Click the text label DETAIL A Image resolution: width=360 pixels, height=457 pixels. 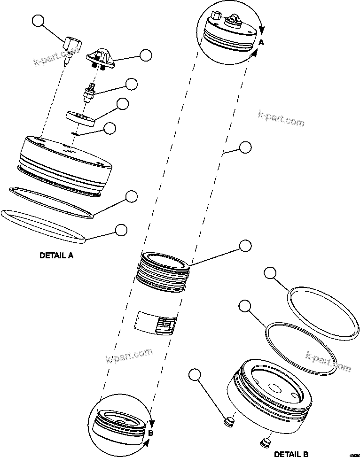[x=56, y=256]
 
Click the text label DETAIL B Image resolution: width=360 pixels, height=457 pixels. [x=291, y=454]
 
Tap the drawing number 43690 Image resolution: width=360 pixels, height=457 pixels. [x=353, y=454]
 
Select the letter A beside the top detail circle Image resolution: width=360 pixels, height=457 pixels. [x=262, y=42]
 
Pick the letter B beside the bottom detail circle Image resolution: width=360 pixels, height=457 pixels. [x=150, y=433]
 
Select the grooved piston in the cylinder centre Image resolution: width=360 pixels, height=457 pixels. [x=164, y=272]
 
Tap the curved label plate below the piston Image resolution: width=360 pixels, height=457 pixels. [x=156, y=324]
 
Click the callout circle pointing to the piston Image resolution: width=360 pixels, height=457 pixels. [x=245, y=245]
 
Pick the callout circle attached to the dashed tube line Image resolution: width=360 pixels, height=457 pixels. [x=245, y=147]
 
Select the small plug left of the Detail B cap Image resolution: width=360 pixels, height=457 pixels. [x=229, y=422]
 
